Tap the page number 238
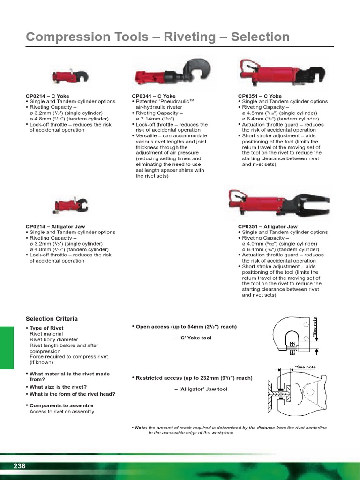(19, 466)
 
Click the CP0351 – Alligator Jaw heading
(268, 227)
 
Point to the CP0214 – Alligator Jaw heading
(55, 227)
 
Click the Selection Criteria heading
(52, 319)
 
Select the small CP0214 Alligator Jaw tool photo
(70, 205)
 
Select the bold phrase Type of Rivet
(46, 328)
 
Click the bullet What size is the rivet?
(58, 387)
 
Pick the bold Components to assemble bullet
(61, 406)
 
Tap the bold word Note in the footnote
(141, 428)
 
